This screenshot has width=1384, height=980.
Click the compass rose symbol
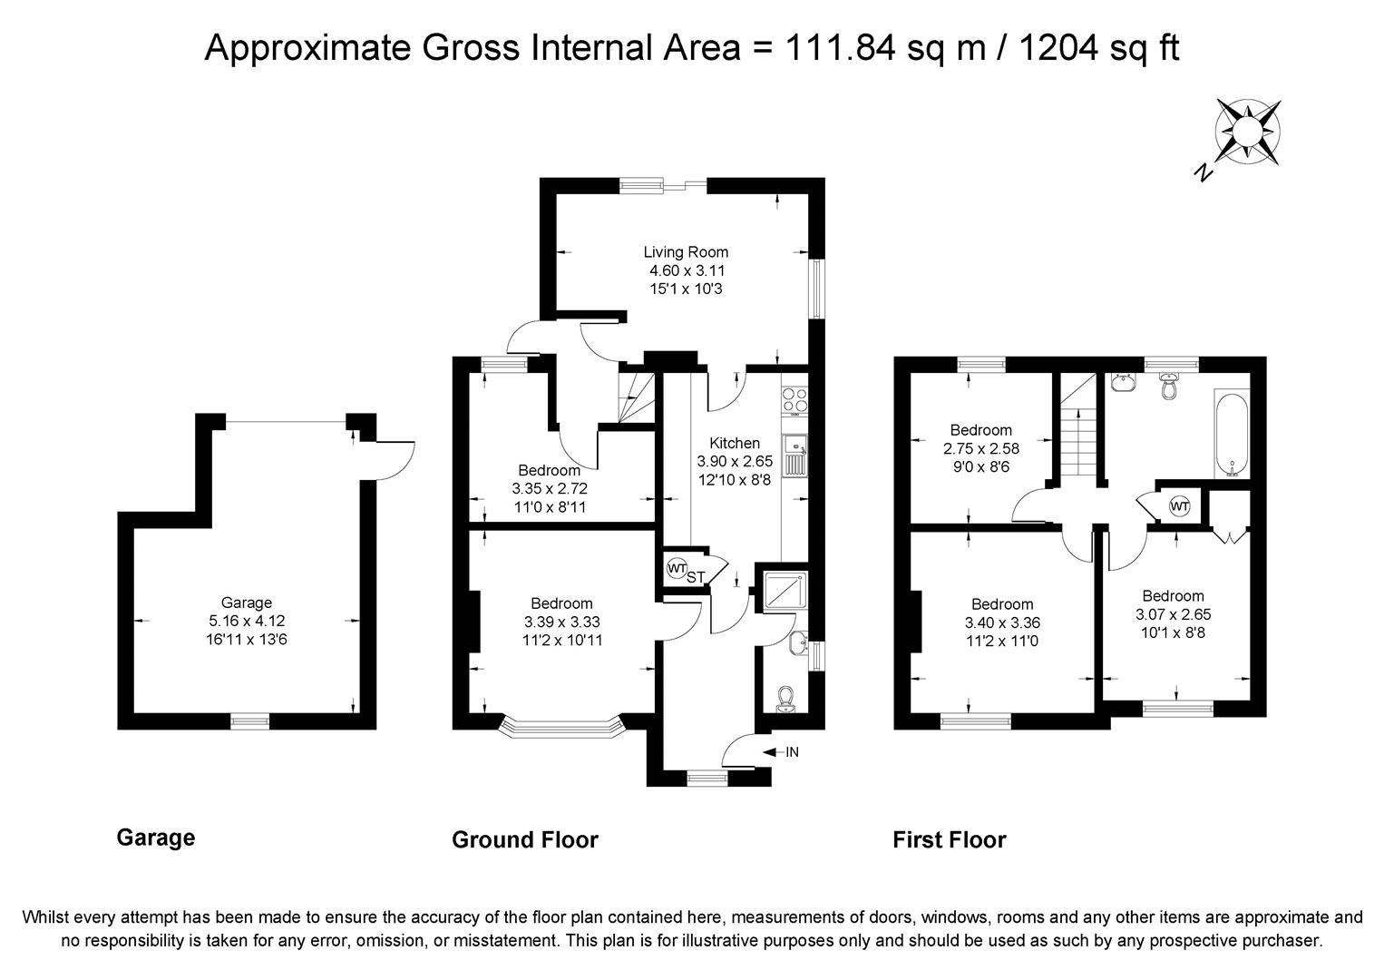coord(1247,132)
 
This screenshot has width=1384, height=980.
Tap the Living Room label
coord(686,251)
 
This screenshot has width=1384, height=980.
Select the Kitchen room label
coord(734,443)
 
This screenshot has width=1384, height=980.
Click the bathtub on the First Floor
coord(1232,434)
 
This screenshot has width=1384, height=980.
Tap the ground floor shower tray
coord(785,592)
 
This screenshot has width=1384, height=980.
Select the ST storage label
coord(695,577)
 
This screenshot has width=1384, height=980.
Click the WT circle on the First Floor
coord(1179,507)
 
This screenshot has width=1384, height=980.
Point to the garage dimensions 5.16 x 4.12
coord(247,620)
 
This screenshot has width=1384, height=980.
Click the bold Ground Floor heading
coord(524,839)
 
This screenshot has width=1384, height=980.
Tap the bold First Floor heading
coord(949,839)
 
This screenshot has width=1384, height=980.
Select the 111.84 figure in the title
coord(840,47)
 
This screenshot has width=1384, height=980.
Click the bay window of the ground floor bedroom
coord(561,727)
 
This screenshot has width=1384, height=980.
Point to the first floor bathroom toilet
coord(1168,386)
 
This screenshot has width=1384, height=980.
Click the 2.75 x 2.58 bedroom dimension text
coord(981,448)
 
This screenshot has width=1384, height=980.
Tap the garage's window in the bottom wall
coord(250,720)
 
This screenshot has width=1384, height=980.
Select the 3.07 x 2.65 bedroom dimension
coord(1173,614)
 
